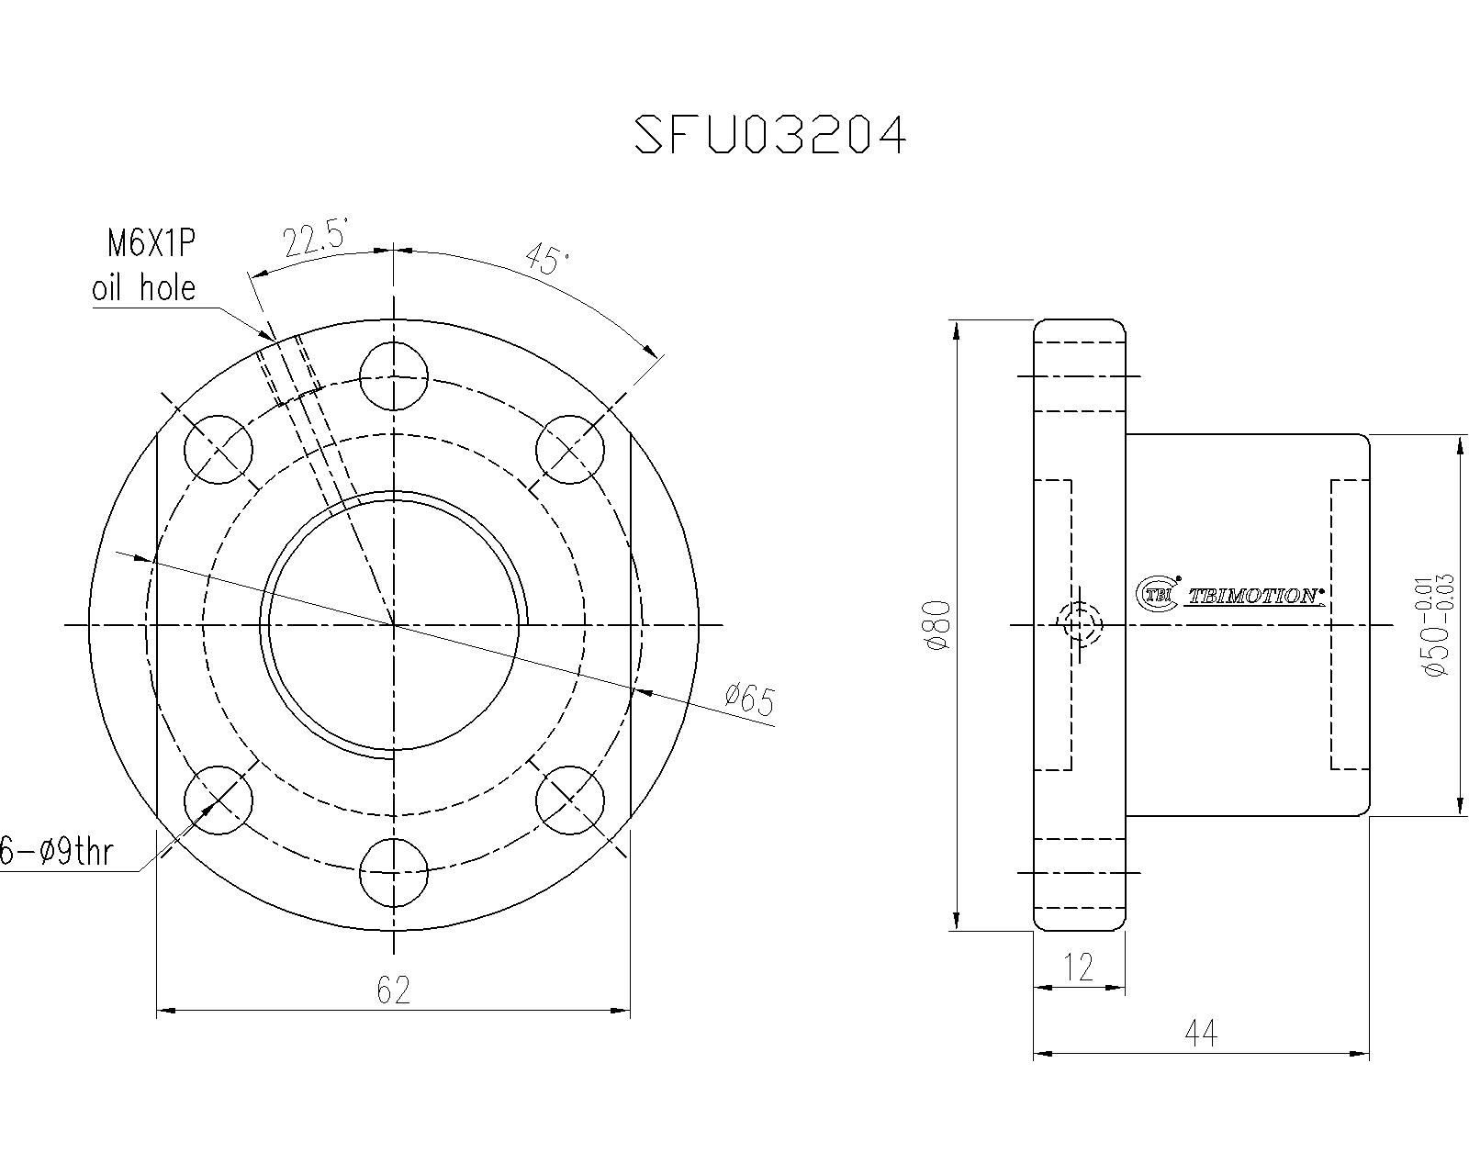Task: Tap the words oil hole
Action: (x=144, y=288)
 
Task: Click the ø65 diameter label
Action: (x=748, y=700)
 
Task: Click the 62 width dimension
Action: (x=393, y=990)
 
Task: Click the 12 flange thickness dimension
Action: (x=1079, y=967)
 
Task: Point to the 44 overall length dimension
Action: (x=1201, y=1035)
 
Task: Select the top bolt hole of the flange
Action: (x=394, y=376)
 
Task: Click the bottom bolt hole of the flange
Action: (x=394, y=872)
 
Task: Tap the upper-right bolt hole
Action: (x=570, y=448)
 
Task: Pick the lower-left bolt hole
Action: (x=218, y=800)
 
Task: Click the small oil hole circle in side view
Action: (x=1080, y=625)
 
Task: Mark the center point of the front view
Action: (x=394, y=625)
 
